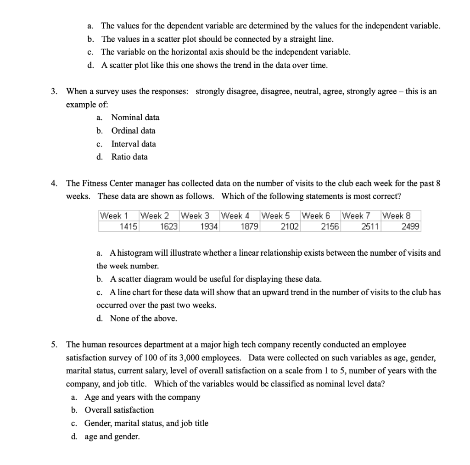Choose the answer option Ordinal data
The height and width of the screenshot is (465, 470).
click(x=133, y=131)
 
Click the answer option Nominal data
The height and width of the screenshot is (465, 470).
click(x=135, y=118)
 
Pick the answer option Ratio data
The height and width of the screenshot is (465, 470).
click(x=129, y=157)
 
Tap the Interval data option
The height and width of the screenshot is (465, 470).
click(x=134, y=144)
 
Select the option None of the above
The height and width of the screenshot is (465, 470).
click(x=143, y=319)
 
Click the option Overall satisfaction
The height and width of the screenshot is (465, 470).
click(x=119, y=410)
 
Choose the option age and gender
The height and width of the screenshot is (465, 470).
click(x=112, y=437)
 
